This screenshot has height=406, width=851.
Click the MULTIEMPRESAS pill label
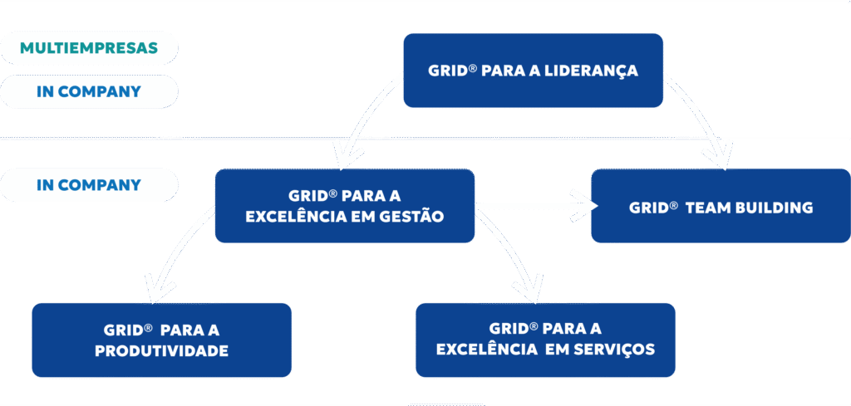click(89, 47)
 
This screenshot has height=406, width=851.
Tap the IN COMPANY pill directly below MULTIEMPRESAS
click(89, 91)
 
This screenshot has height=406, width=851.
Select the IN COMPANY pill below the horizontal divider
click(89, 185)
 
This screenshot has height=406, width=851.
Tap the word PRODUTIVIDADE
click(161, 350)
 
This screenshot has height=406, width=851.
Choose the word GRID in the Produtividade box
click(123, 329)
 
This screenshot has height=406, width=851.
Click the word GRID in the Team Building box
click(649, 208)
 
